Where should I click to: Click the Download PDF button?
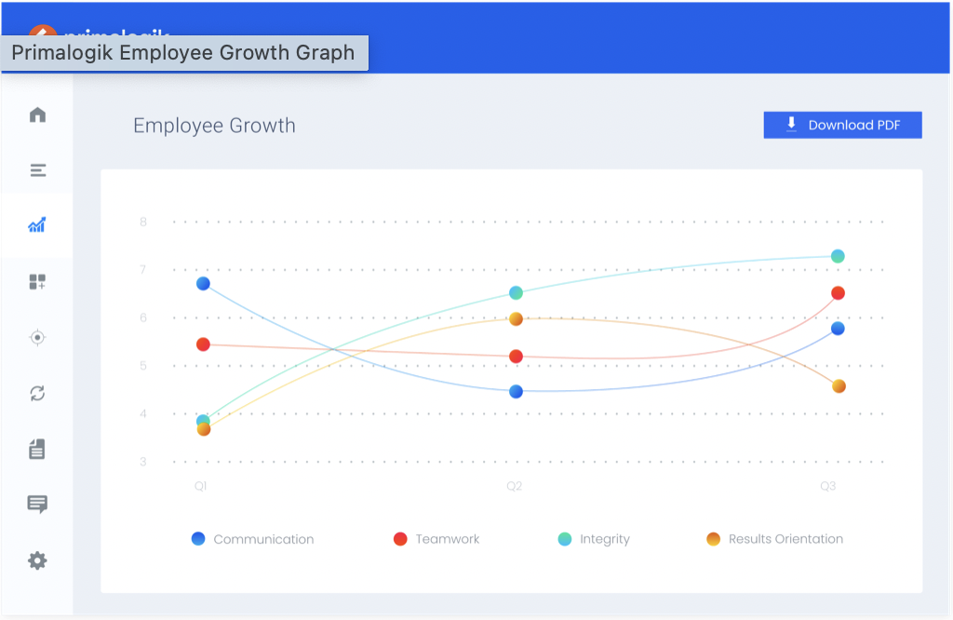pos(842,125)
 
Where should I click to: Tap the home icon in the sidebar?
pos(37,115)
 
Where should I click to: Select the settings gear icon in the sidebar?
pos(37,560)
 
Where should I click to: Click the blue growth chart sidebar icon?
pos(37,225)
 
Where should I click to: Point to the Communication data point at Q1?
pos(203,283)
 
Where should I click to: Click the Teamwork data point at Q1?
pos(203,344)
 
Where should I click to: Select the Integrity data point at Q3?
pos(838,256)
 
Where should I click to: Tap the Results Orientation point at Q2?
pos(516,319)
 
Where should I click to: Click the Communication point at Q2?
pos(516,391)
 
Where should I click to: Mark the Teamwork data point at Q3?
pos(838,293)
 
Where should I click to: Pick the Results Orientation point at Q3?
pos(839,386)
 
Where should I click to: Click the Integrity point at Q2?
pos(516,293)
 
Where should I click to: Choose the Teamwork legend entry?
pos(436,539)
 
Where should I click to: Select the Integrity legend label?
pos(604,539)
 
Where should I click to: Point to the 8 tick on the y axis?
pos(143,222)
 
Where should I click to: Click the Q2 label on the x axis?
pos(514,486)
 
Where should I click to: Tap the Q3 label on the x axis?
pos(827,486)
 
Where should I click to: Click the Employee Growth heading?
pos(214,126)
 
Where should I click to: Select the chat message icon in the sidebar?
pos(37,505)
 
